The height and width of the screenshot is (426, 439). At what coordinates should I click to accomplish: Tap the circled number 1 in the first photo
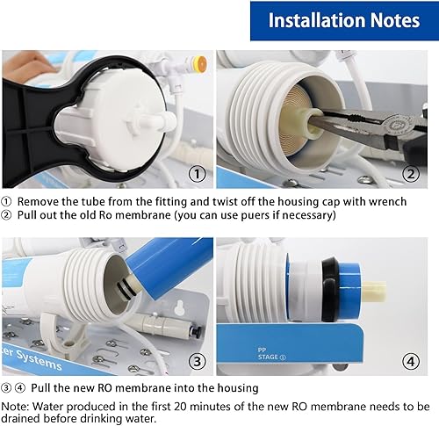198,174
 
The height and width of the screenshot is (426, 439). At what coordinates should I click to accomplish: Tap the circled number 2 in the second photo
411,174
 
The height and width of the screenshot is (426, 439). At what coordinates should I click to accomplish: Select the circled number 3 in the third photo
198,362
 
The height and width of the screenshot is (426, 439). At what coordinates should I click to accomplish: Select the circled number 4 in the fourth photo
411,362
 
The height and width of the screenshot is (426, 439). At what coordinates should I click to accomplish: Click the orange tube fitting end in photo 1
202,62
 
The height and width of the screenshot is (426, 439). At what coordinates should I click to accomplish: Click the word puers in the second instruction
255,215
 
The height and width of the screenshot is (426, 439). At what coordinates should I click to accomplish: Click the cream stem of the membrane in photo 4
373,291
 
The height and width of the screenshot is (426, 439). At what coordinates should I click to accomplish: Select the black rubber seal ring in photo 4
330,289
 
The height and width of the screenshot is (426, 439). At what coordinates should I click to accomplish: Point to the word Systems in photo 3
39,360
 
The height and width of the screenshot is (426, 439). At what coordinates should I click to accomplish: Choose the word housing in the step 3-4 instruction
238,388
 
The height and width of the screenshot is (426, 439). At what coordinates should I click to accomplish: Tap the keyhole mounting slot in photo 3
178,308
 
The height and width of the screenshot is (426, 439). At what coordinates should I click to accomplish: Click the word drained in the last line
21,418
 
